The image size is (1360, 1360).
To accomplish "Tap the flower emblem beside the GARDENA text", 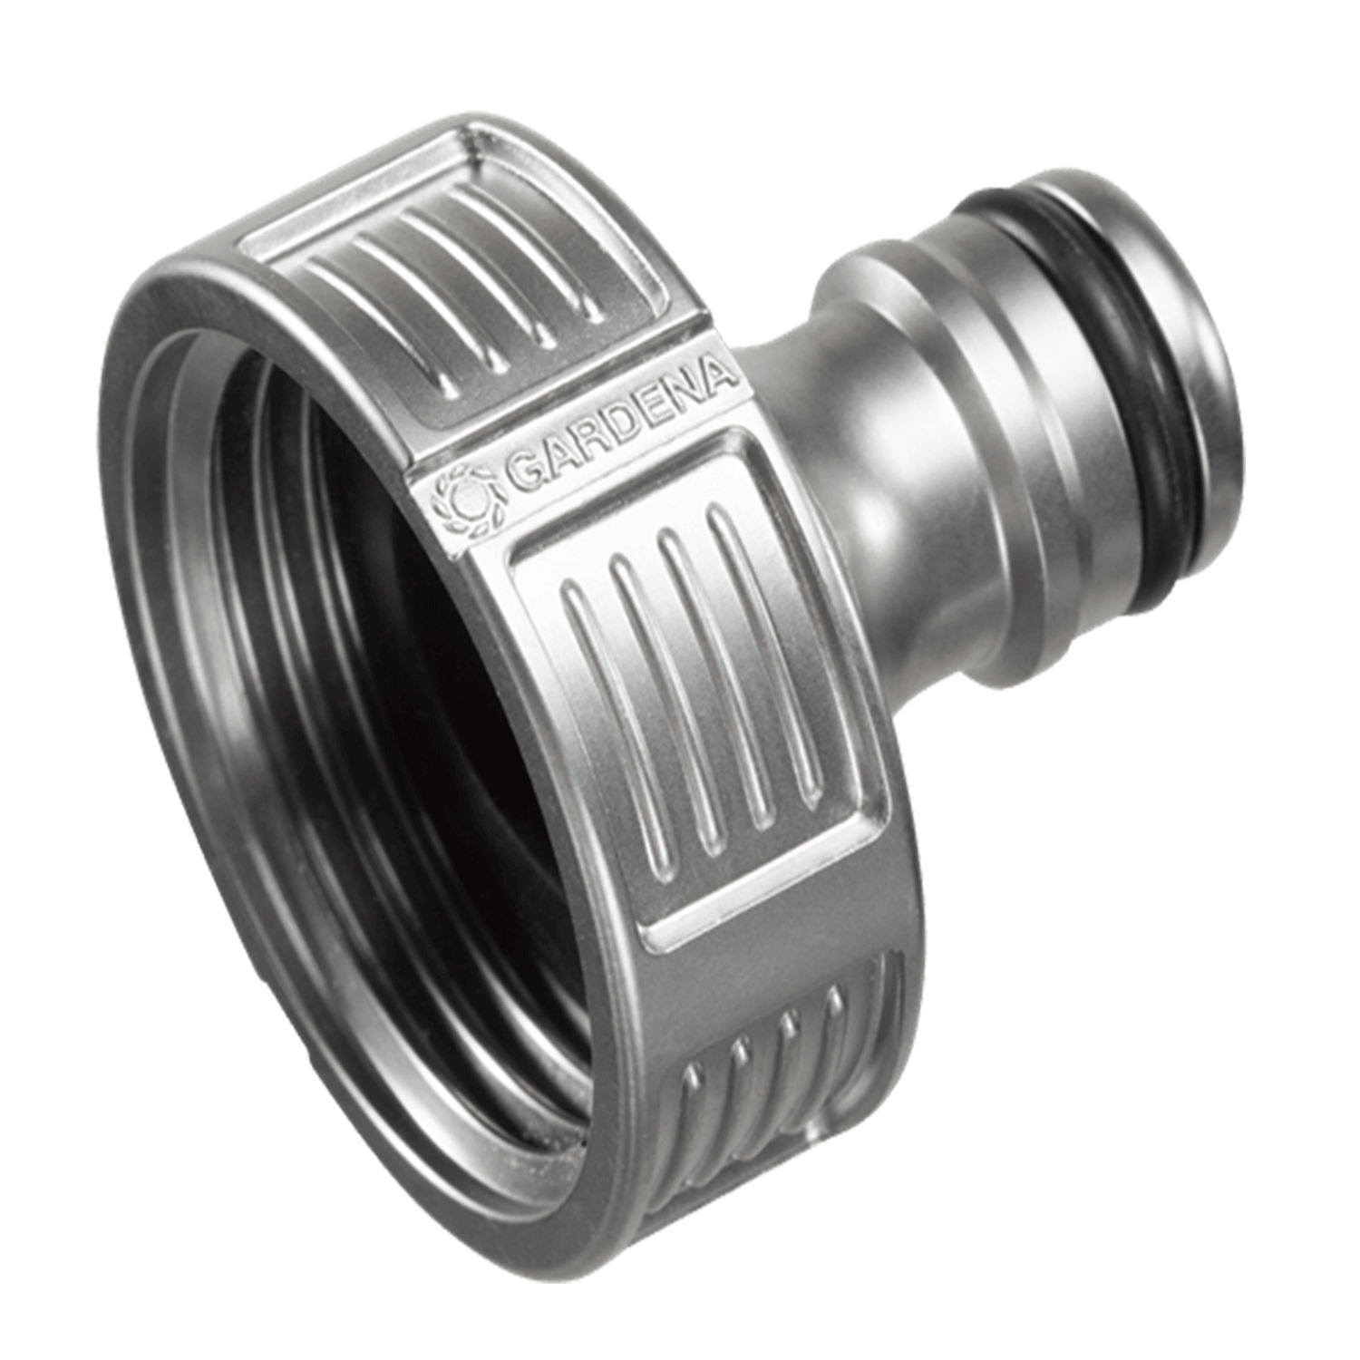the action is click(466, 501).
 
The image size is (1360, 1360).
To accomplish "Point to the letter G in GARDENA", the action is click(520, 475).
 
